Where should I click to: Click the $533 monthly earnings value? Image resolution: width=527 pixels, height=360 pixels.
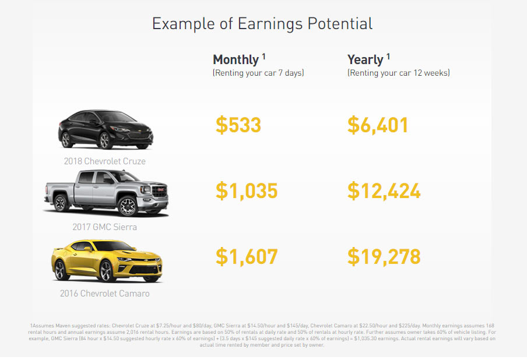pos(238,125)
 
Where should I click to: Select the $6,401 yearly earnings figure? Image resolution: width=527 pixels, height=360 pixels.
pos(378,125)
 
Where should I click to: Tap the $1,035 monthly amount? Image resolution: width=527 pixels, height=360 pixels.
pos(247,190)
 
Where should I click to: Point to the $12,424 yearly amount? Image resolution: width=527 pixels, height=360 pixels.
pos(384,190)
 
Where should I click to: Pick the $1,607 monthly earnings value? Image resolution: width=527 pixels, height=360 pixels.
pos(247,256)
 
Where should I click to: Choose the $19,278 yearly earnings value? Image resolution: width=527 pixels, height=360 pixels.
pos(384,256)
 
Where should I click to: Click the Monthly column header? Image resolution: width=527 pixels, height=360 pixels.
pos(236,60)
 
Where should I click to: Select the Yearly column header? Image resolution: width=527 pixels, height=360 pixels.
pos(366,60)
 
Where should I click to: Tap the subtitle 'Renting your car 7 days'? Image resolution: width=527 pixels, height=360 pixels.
pos(258,73)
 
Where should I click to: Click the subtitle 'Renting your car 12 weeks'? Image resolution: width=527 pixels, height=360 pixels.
pos(399,73)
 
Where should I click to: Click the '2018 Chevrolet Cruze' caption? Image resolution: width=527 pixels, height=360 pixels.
pos(105,161)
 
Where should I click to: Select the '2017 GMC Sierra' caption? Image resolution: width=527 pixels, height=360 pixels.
pos(105,227)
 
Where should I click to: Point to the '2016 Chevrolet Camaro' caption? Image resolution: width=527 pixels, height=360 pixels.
pos(105,294)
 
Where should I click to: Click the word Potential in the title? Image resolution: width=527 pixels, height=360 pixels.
pos(340,23)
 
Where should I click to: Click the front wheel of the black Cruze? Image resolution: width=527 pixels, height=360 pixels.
pos(105,140)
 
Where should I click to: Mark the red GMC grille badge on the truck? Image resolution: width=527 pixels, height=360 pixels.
pos(160,190)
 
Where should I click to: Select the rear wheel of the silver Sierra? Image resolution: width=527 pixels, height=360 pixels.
pos(61,203)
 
